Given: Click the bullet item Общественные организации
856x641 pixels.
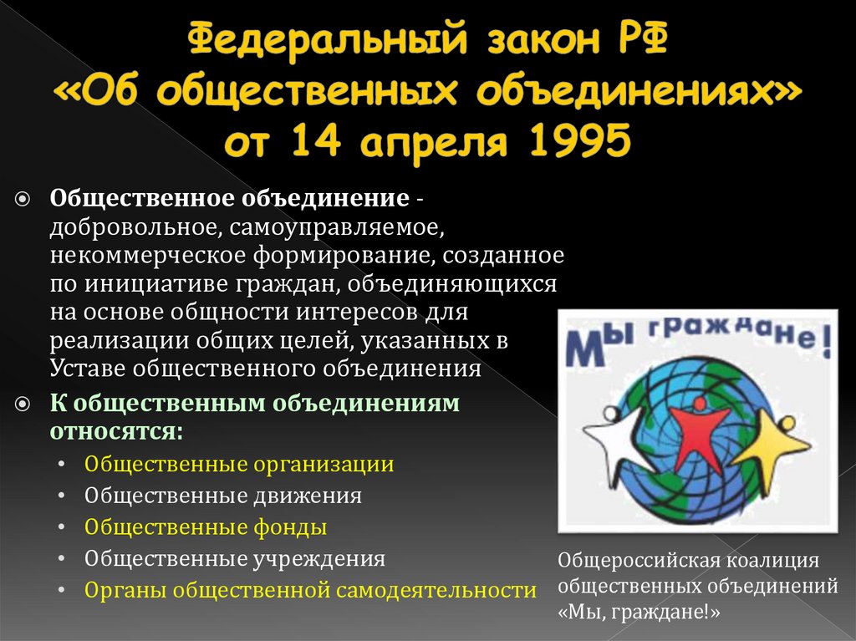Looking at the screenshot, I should coord(239,464).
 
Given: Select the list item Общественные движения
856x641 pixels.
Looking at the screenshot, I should coord(223,496).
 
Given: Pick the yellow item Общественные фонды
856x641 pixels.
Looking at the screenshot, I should coord(206,527).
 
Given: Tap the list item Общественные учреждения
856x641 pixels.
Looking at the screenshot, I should coord(235,558).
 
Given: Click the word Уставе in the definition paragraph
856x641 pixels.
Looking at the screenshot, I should coord(83,369).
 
